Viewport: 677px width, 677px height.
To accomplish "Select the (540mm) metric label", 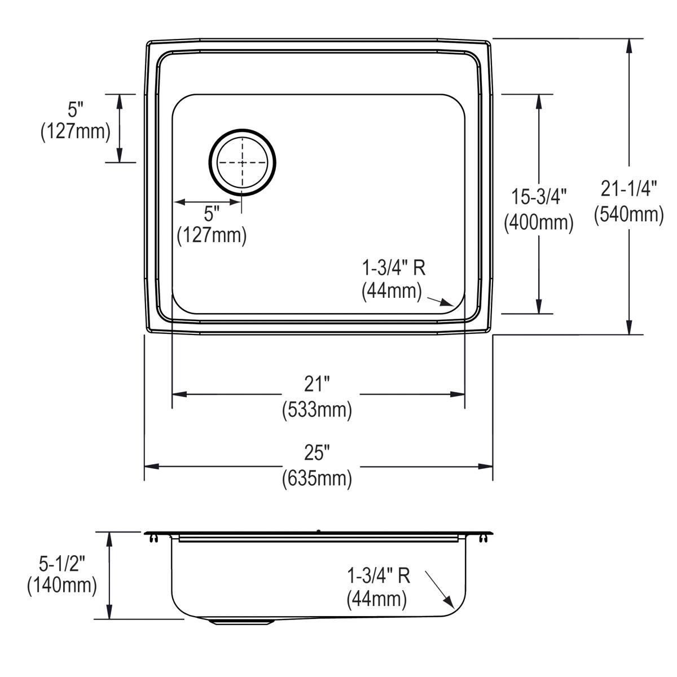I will pyautogui.click(x=628, y=214).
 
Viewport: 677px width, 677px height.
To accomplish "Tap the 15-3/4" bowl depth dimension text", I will pyautogui.click(x=539, y=197).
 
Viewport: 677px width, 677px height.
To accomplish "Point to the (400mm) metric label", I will pyautogui.click(x=539, y=222).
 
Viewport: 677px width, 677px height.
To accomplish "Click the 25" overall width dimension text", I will pyautogui.click(x=316, y=452).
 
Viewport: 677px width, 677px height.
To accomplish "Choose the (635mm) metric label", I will pyautogui.click(x=316, y=478).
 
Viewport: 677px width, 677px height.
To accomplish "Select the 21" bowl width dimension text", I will pyautogui.click(x=316, y=384).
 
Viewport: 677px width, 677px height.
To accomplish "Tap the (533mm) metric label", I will pyautogui.click(x=316, y=409).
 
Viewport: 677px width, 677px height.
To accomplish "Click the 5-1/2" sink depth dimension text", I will pyautogui.click(x=62, y=561).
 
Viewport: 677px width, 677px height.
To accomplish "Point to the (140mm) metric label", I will pyautogui.click(x=62, y=586).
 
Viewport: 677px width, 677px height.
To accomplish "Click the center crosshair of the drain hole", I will pyautogui.click(x=243, y=162).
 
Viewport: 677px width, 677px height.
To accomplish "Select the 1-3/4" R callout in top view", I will pyautogui.click(x=394, y=267).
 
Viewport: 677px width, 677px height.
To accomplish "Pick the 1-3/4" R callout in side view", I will pyautogui.click(x=379, y=575).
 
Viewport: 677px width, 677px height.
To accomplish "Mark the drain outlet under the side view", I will pyautogui.click(x=241, y=622).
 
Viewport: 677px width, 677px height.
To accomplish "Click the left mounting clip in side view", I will pyautogui.click(x=153, y=540).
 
